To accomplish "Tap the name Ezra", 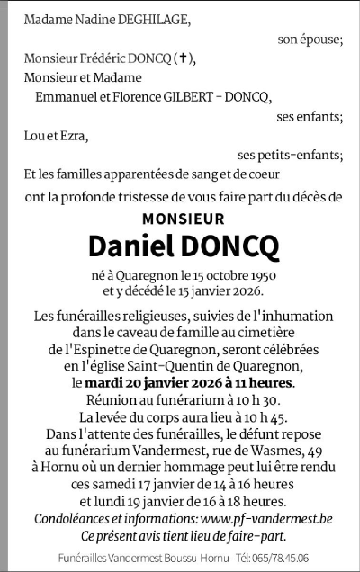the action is (x=76, y=136).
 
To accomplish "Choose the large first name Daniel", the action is (x=129, y=246).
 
